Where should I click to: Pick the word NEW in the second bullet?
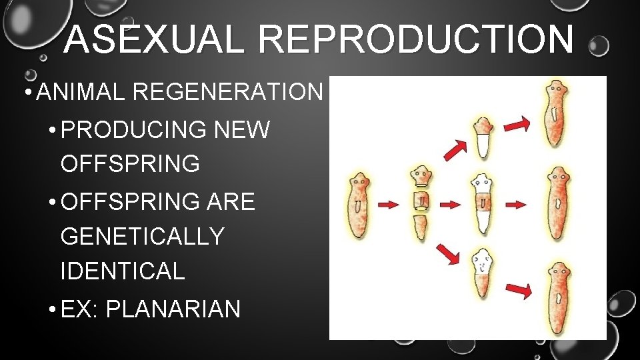(243, 129)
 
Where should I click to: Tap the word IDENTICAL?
(123, 271)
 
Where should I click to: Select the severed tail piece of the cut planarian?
(419, 227)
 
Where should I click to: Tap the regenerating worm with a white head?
(482, 274)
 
